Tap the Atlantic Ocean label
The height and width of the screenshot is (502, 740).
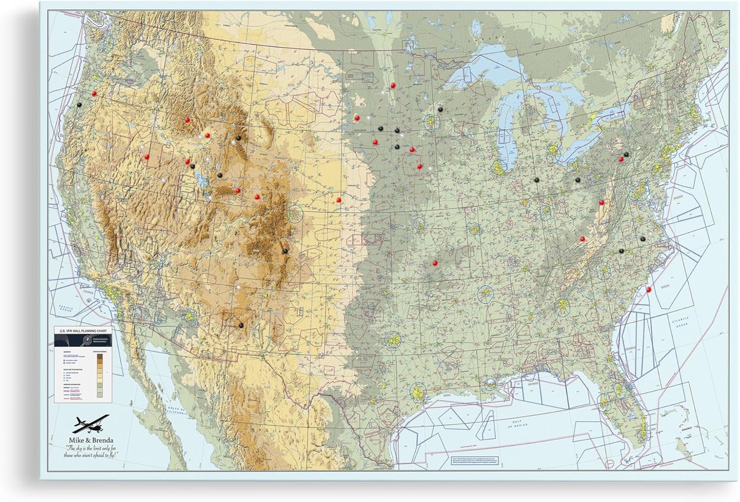[x=680, y=322]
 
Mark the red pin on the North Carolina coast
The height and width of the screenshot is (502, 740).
[x=648, y=290]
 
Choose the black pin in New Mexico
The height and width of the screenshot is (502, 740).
[x=241, y=325]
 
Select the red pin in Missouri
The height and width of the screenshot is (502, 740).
[x=435, y=263]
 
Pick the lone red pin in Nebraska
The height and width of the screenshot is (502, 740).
[x=338, y=200]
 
